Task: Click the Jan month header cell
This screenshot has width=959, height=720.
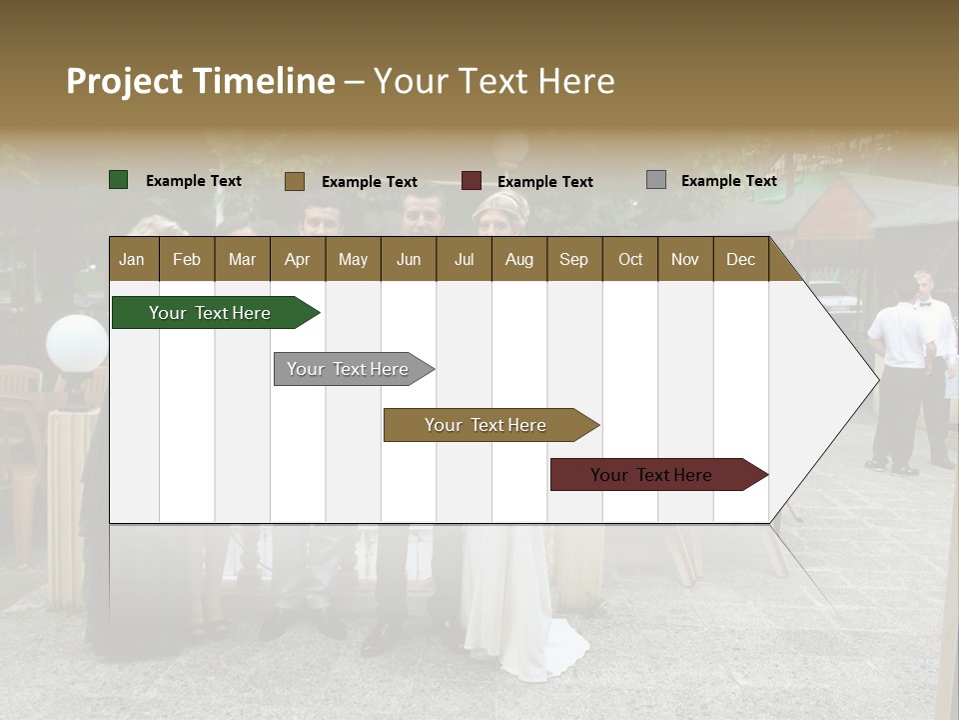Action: click(x=133, y=259)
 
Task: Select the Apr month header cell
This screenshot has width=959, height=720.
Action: click(x=298, y=259)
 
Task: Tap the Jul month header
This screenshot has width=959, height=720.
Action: click(x=464, y=259)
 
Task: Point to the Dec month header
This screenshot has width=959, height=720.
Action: click(x=740, y=259)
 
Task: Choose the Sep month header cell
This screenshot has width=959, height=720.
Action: click(x=574, y=259)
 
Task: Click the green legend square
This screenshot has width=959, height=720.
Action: click(x=119, y=180)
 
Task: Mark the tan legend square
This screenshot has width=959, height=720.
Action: click(x=295, y=181)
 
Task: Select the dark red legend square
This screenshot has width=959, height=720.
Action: click(x=472, y=181)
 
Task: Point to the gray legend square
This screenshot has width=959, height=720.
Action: click(x=656, y=180)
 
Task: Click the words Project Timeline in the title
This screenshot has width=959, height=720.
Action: click(x=201, y=81)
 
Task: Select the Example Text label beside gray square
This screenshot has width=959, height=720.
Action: click(x=728, y=181)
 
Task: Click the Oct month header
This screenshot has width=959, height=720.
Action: click(x=630, y=259)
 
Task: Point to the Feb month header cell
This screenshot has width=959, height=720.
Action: click(x=187, y=259)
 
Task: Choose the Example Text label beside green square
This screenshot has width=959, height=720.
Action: click(x=194, y=181)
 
